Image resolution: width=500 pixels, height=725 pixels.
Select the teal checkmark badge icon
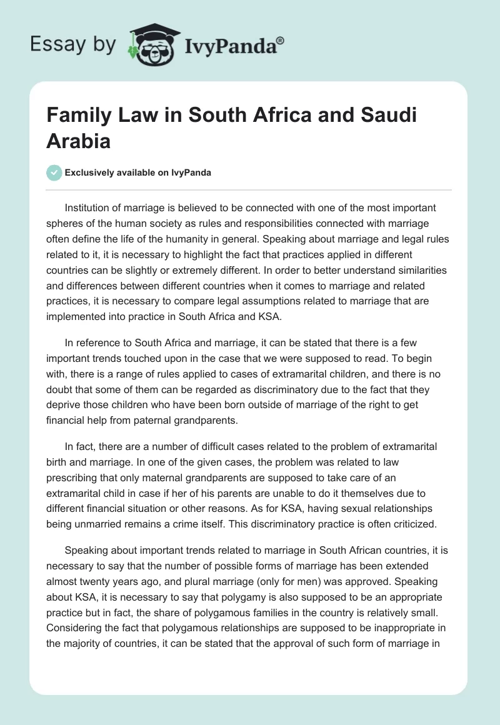(x=54, y=172)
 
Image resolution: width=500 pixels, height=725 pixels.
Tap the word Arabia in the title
(x=78, y=140)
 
